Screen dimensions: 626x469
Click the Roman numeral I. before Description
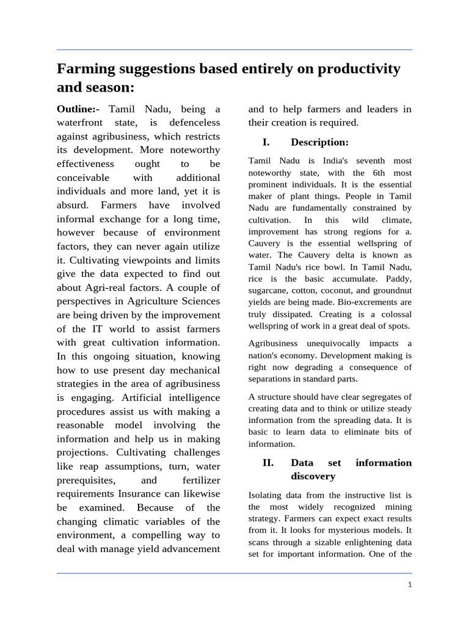click(266, 142)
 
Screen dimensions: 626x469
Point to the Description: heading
click(319, 142)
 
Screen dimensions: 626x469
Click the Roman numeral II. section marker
click(267, 463)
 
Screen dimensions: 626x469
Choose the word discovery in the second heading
click(313, 476)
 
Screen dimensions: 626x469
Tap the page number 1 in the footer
click(410, 585)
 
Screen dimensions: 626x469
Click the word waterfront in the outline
click(81, 123)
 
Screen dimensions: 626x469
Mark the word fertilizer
click(197, 481)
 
